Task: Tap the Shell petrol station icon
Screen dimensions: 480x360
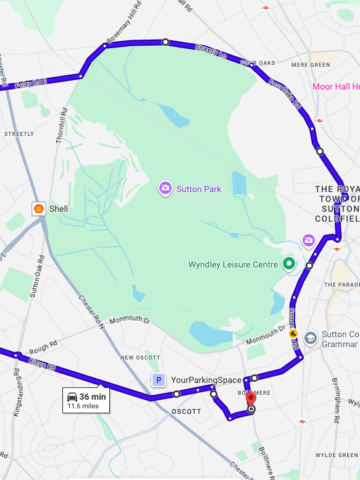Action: coord(39,209)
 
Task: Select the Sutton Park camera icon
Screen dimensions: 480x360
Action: coord(165,188)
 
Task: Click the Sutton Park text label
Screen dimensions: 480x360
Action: coord(199,189)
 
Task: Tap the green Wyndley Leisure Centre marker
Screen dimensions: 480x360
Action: coord(288,264)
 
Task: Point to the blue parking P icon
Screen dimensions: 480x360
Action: coord(159,381)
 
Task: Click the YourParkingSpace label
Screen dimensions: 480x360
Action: coord(206,381)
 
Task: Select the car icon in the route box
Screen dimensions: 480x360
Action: coord(72,397)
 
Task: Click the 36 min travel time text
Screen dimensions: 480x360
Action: coord(93,397)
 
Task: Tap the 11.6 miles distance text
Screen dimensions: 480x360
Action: coord(83,406)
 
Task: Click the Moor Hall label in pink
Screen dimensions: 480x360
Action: coord(335,86)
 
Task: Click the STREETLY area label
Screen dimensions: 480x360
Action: coord(19,133)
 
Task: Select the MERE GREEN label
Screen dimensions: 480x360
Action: coord(311,64)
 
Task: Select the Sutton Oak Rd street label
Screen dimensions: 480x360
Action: coord(36,277)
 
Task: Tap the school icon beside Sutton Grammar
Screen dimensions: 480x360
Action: coord(310,338)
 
